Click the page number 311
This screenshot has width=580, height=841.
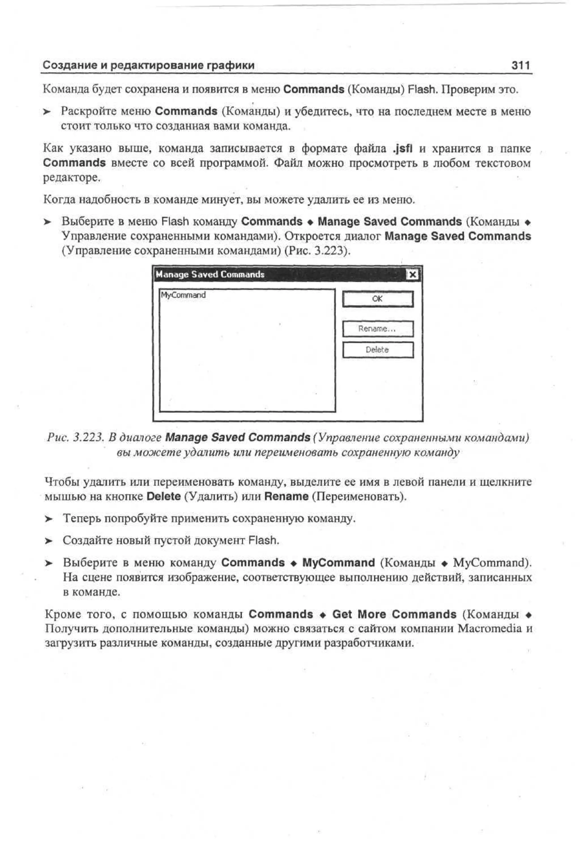click(521, 65)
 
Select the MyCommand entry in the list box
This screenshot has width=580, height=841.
click(183, 295)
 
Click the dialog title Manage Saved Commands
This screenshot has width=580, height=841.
click(210, 274)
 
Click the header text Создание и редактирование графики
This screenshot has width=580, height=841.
click(148, 65)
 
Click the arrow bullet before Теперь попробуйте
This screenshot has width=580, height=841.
click(48, 519)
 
